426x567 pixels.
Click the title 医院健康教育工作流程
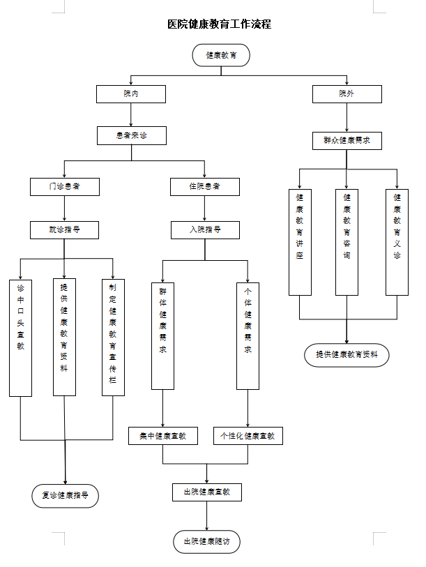[x=220, y=24]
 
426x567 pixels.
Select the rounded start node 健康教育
[x=220, y=55]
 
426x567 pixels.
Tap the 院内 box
[x=131, y=94]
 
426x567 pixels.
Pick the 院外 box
[x=347, y=94]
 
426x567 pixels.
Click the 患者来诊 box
[x=131, y=135]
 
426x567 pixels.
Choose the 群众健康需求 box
[x=347, y=140]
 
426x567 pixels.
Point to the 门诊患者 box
[x=64, y=187]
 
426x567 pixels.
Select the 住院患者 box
[x=205, y=187]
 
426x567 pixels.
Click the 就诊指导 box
[x=64, y=229]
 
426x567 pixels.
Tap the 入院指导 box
[x=205, y=229]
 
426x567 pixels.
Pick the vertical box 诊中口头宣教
[x=21, y=338]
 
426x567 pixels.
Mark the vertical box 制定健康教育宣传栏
[x=113, y=338]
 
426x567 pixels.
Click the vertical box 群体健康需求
[x=162, y=335]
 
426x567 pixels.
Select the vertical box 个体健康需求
[x=248, y=335]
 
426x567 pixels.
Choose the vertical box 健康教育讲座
[x=300, y=242]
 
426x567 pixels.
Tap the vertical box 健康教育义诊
[x=397, y=242]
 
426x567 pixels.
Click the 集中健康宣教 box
[x=162, y=436]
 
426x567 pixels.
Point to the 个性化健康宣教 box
[x=248, y=436]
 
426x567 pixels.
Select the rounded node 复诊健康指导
[x=65, y=496]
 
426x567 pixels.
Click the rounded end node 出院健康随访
[x=206, y=541]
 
